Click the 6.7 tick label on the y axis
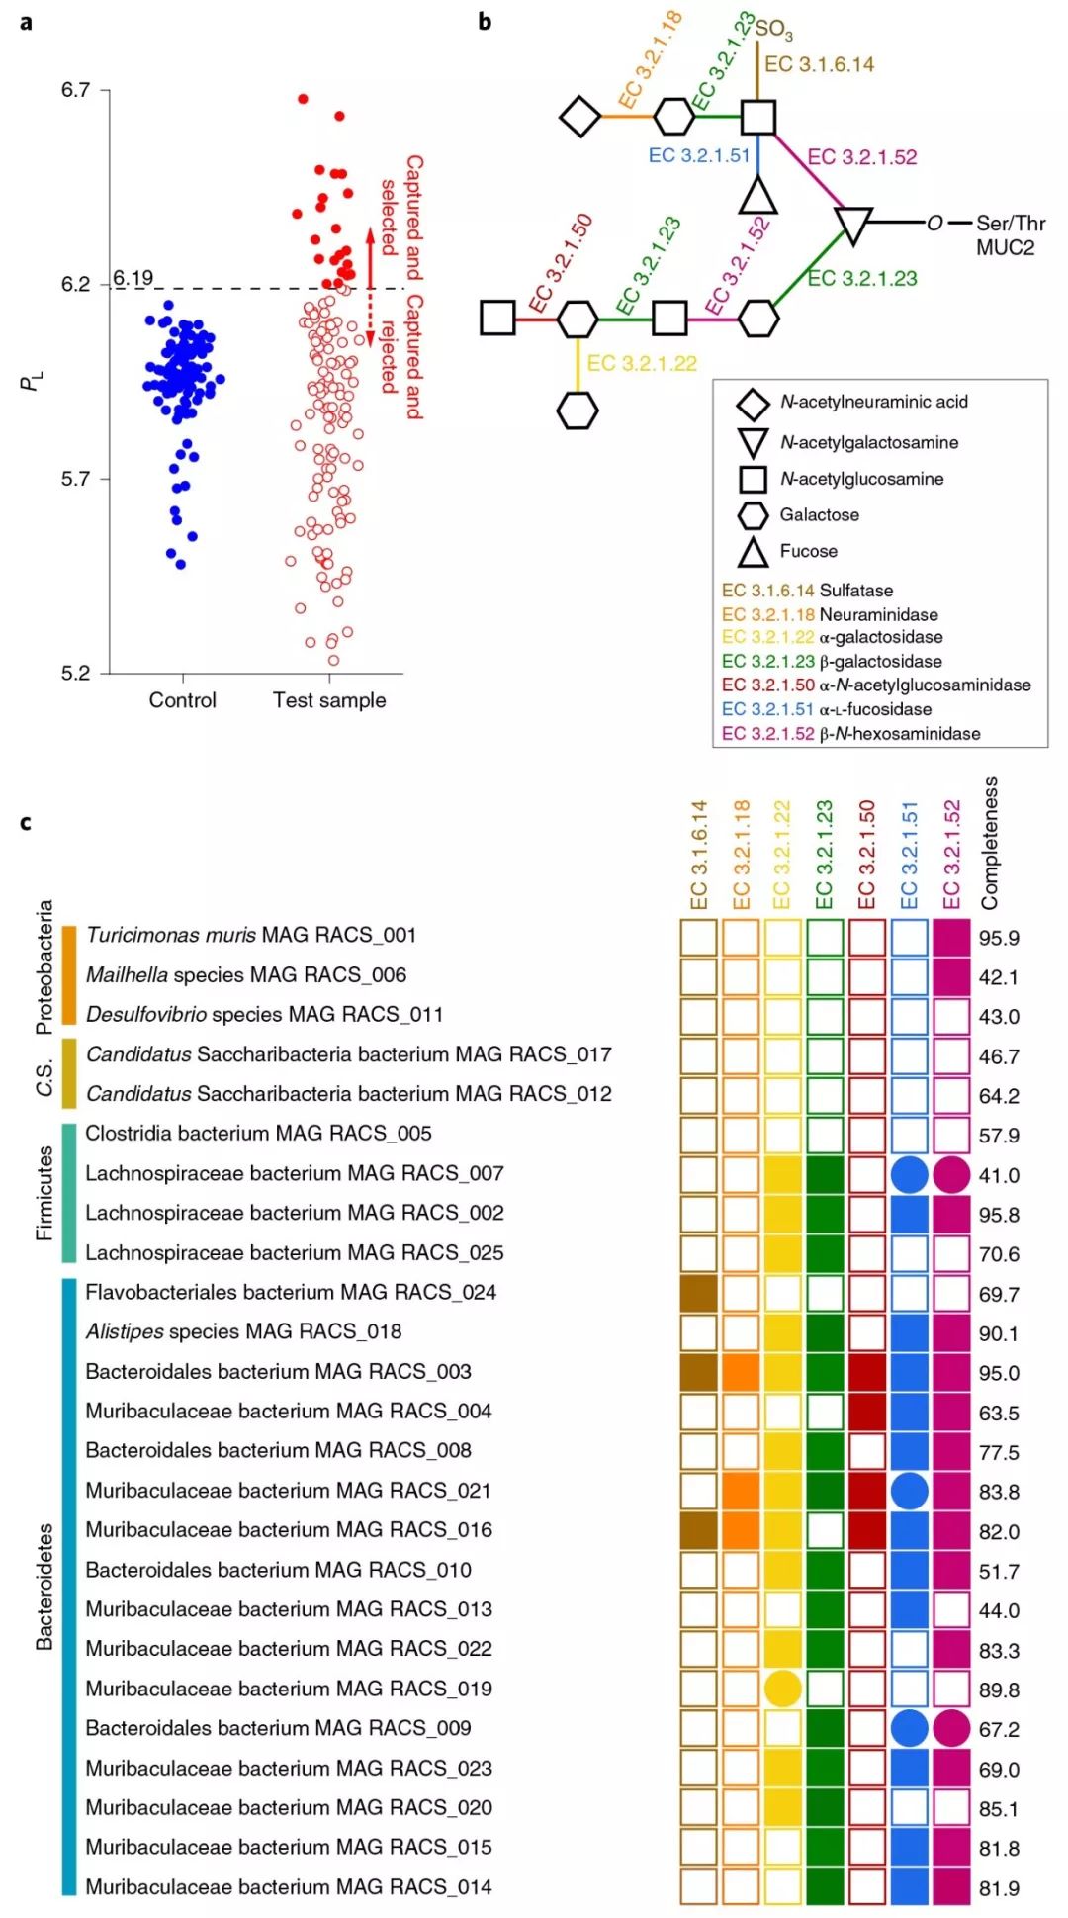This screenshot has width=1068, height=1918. click(75, 90)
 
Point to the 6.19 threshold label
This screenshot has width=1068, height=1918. click(133, 278)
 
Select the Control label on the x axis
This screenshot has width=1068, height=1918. click(182, 700)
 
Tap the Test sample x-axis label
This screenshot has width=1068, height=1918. click(329, 700)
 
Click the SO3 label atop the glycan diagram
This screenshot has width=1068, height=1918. click(773, 29)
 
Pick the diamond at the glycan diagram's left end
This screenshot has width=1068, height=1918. click(580, 117)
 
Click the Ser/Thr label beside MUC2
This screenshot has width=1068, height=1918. click(1010, 224)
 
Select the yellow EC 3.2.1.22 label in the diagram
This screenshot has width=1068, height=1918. click(642, 364)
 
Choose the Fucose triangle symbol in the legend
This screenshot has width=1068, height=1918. click(754, 552)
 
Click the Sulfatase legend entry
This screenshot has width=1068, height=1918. click(856, 591)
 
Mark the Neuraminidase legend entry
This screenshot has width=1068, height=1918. click(878, 614)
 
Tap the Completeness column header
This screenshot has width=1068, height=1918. click(990, 843)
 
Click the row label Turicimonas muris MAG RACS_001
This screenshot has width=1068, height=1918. click(251, 935)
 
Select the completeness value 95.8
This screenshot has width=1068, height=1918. click(999, 1215)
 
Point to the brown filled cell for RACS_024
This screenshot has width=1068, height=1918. click(698, 1293)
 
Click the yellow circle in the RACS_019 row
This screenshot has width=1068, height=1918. click(782, 1689)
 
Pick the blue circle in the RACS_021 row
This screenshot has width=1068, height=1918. click(909, 1491)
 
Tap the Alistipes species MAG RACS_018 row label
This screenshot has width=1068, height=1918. click(243, 1331)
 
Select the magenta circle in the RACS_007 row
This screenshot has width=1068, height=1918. click(951, 1174)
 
